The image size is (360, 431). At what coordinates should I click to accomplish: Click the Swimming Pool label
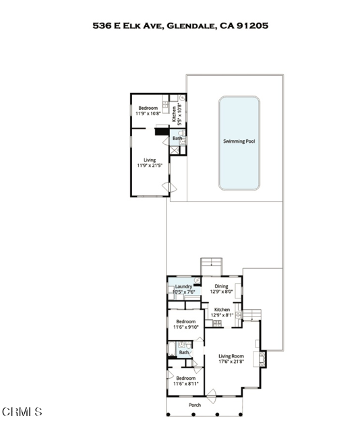[x=239, y=141]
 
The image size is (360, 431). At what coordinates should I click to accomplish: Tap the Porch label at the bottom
[x=195, y=405]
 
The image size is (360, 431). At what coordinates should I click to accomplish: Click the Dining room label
[x=221, y=286]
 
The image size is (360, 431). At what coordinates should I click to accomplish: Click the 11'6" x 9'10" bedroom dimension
[x=185, y=327]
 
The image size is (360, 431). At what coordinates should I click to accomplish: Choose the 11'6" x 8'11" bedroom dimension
[x=185, y=384]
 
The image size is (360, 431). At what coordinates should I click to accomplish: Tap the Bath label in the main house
[x=184, y=352]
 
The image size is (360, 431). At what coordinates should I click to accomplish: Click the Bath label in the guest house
[x=177, y=139]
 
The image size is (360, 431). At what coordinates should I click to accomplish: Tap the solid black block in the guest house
[x=161, y=132]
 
